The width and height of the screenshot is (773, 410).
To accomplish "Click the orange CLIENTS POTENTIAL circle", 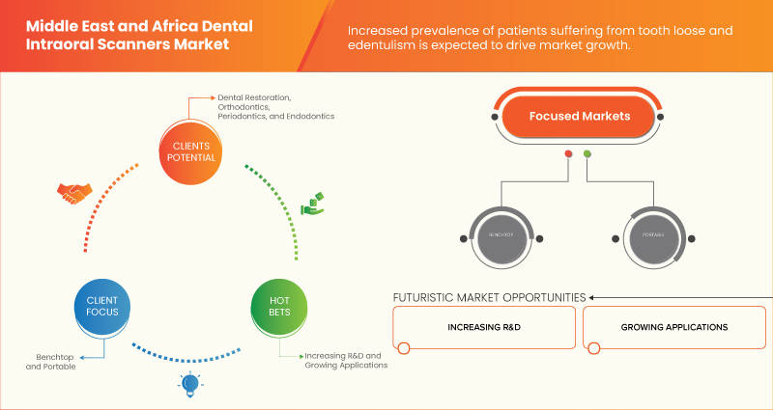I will coord(189,152).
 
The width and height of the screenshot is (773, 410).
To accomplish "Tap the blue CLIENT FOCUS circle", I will coord(96,307).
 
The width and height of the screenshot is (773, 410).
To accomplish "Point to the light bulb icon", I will coord(187,385).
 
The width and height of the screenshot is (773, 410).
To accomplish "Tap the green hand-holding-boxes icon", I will coord(311,205).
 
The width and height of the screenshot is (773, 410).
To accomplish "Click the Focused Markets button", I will coord(579,117).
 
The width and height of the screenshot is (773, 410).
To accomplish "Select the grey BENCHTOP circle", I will coord(499,236).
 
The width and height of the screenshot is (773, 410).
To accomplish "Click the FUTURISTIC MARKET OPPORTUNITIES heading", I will coord(489,297).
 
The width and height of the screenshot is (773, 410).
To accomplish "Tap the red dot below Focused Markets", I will coord(568,153).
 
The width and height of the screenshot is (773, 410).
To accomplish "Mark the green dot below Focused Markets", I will coord(587,153).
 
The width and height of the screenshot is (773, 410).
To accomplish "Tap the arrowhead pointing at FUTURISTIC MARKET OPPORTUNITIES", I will coord(593,297).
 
